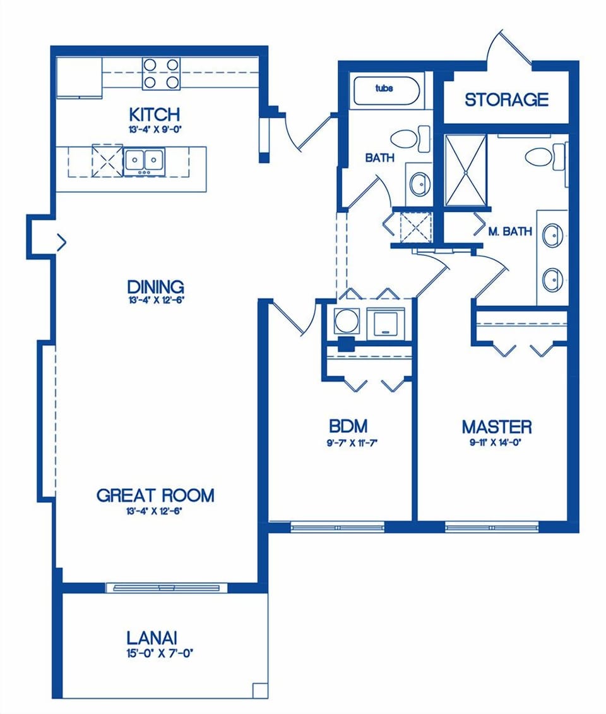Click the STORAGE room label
(x=506, y=100)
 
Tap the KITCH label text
(x=154, y=114)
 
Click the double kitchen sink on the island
(x=145, y=161)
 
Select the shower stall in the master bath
(x=466, y=171)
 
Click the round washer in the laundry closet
(x=347, y=321)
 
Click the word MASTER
(x=496, y=427)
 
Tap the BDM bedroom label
(x=348, y=425)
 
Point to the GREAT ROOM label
(x=155, y=495)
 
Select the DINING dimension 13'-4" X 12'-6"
(x=155, y=301)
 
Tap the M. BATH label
(x=510, y=232)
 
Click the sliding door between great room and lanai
(x=167, y=588)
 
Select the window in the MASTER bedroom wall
(x=492, y=526)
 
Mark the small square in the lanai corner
(x=259, y=690)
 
